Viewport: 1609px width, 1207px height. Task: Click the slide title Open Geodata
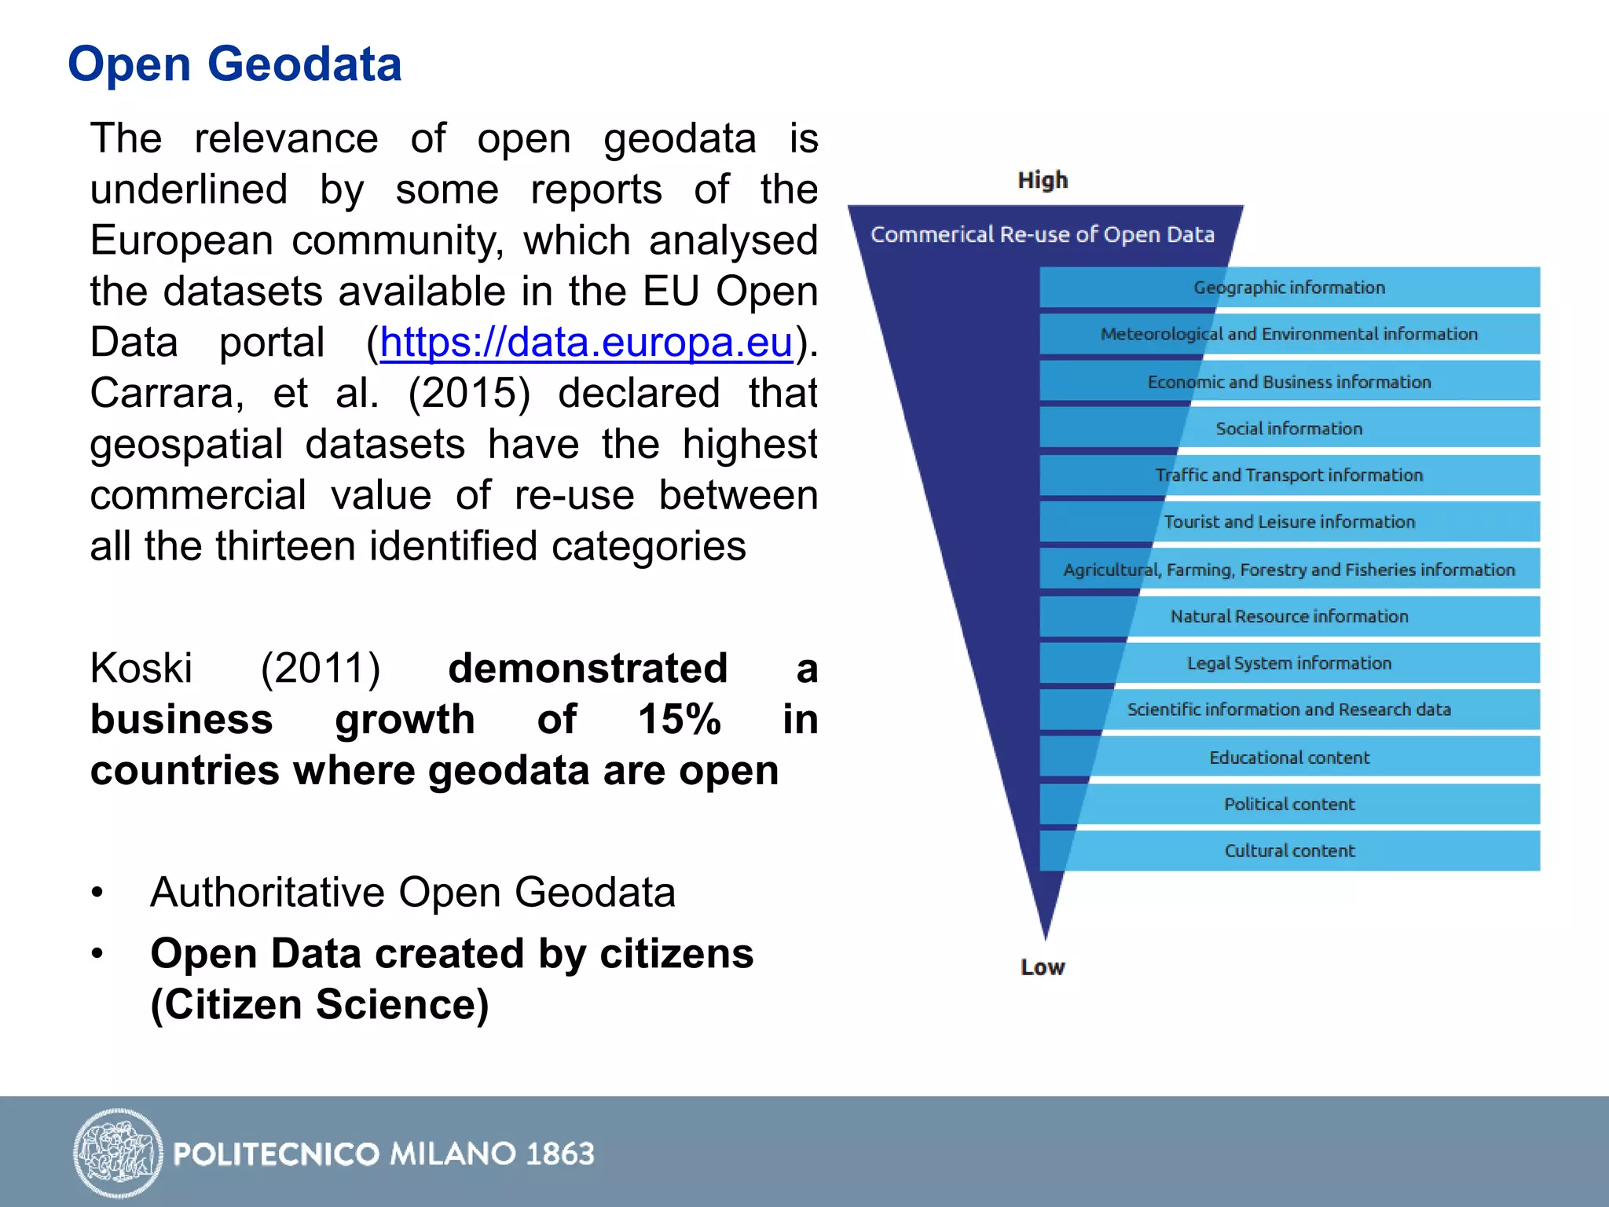pyautogui.click(x=234, y=64)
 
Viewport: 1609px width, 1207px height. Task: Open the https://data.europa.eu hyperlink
pyautogui.click(x=586, y=343)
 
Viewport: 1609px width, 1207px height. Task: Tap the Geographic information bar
pyautogui.click(x=1289, y=288)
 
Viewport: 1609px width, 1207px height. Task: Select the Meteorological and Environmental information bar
pyautogui.click(x=1289, y=334)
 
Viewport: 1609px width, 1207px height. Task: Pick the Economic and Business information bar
pyautogui.click(x=1289, y=382)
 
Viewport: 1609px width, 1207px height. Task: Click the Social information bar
pyautogui.click(x=1289, y=428)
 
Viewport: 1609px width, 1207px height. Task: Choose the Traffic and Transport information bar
pyautogui.click(x=1289, y=475)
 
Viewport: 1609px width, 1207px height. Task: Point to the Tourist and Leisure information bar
pyautogui.click(x=1289, y=522)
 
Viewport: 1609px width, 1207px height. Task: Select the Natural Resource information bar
pyautogui.click(x=1289, y=616)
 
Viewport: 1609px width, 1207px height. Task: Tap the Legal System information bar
pyautogui.click(x=1289, y=663)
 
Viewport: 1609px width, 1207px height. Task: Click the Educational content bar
pyautogui.click(x=1289, y=758)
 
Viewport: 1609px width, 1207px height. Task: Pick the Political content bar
pyautogui.click(x=1289, y=804)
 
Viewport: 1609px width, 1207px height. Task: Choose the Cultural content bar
pyautogui.click(x=1289, y=850)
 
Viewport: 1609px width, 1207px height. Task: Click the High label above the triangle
pyautogui.click(x=1043, y=180)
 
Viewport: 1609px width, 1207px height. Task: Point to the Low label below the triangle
pyautogui.click(x=1043, y=967)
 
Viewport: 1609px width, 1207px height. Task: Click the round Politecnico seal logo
pyautogui.click(x=118, y=1153)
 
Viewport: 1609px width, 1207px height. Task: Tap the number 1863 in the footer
pyautogui.click(x=560, y=1154)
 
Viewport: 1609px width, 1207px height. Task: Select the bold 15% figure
pyautogui.click(x=680, y=719)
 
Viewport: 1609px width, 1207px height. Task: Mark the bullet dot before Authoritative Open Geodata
pyautogui.click(x=97, y=893)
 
